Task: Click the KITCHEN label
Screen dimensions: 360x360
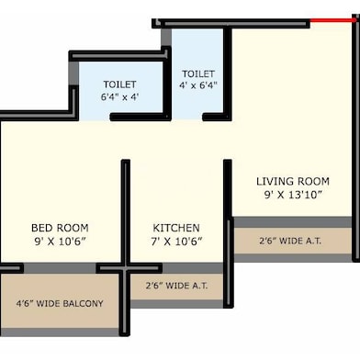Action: click(176, 227)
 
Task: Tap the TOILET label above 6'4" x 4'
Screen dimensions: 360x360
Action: click(119, 84)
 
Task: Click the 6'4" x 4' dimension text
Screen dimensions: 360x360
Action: click(119, 96)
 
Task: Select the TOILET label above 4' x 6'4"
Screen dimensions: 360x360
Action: click(198, 73)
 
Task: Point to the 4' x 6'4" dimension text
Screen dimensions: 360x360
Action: click(198, 85)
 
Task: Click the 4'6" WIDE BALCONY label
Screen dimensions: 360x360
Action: click(60, 303)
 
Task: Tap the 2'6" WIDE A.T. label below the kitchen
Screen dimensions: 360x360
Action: click(176, 286)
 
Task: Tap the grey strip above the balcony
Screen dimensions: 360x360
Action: click(51, 267)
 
